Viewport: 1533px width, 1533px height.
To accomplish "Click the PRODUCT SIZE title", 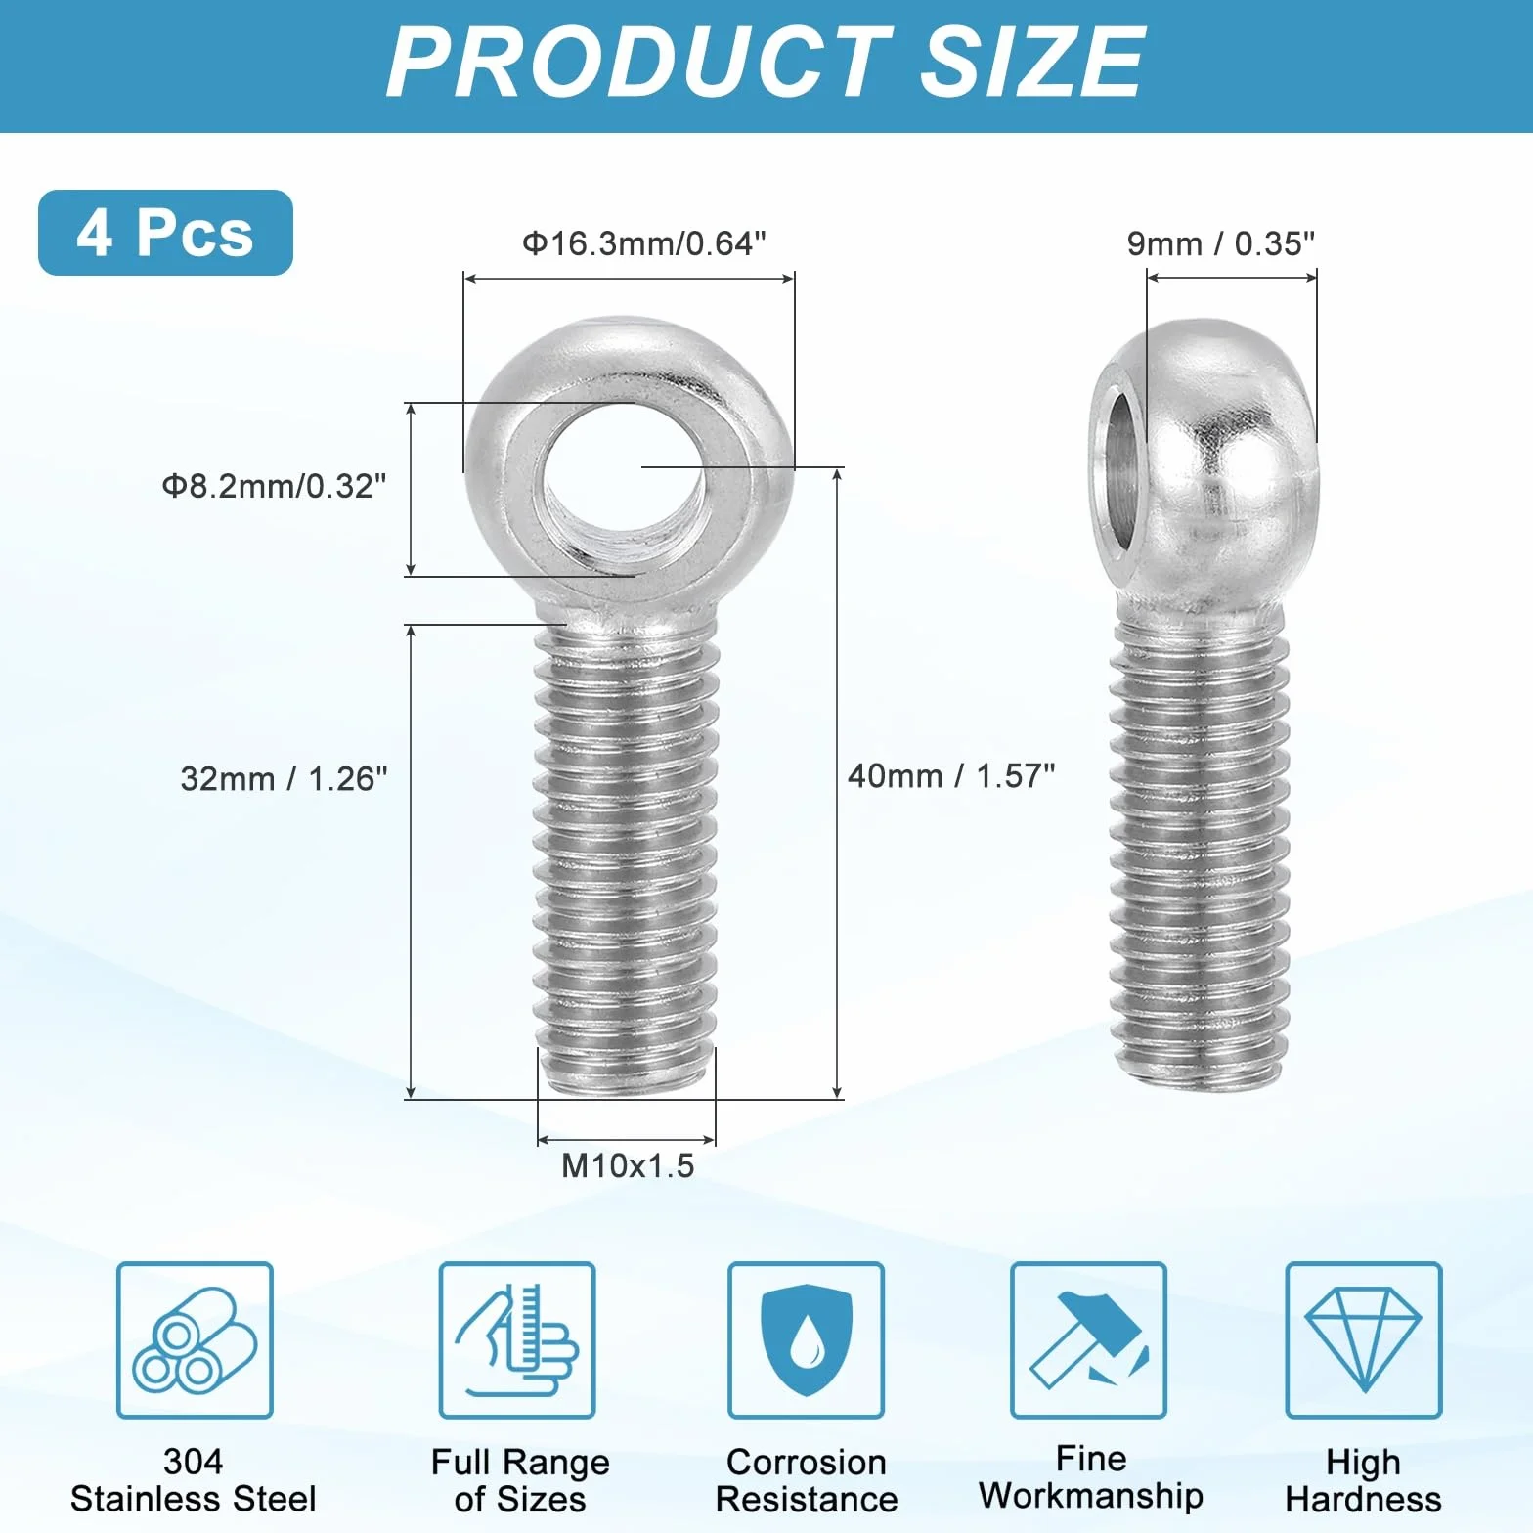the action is [x=766, y=62].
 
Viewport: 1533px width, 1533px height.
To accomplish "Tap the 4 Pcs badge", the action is [x=165, y=233].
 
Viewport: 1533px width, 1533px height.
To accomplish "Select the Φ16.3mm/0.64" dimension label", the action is [x=644, y=243].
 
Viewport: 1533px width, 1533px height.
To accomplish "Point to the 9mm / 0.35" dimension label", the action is [x=1221, y=243].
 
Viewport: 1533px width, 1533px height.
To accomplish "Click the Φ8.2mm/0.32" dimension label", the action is [x=275, y=486].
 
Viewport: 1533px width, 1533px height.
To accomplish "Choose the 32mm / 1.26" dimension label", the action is [x=284, y=779].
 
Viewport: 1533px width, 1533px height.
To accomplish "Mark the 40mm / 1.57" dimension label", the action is [x=951, y=776].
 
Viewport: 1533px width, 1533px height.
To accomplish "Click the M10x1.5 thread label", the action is [x=628, y=1165].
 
